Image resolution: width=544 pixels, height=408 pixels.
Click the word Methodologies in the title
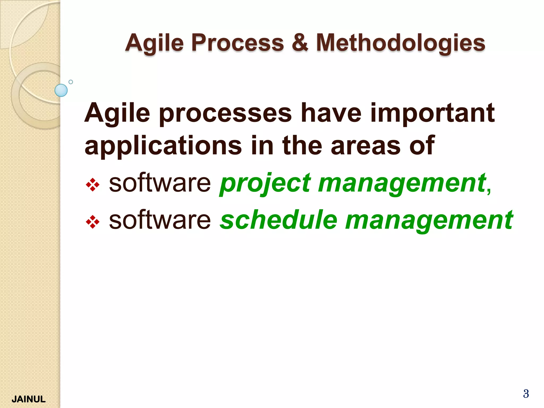click(401, 43)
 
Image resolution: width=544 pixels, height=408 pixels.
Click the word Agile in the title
click(155, 43)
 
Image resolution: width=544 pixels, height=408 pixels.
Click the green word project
click(265, 183)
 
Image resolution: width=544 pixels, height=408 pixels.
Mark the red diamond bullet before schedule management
click(93, 222)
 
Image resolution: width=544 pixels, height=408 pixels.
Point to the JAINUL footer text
click(29, 399)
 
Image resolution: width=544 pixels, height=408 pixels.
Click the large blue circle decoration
click(61, 90)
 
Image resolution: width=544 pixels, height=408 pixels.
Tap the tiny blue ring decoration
click(71, 82)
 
